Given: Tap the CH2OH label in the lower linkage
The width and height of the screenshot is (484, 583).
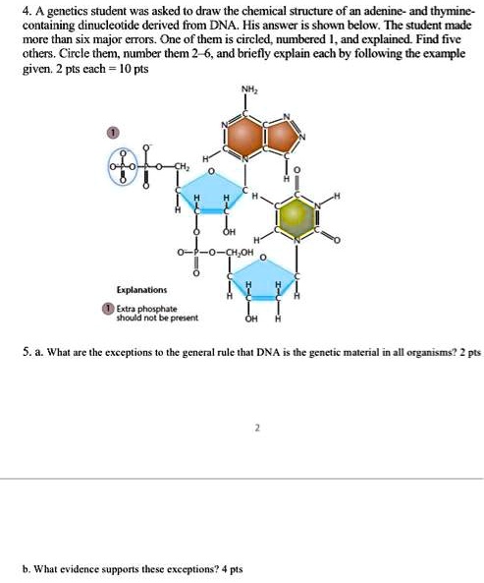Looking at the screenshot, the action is click(241, 256).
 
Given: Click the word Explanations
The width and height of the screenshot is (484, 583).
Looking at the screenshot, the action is click(141, 290).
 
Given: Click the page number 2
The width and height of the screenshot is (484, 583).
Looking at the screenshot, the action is click(256, 428).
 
